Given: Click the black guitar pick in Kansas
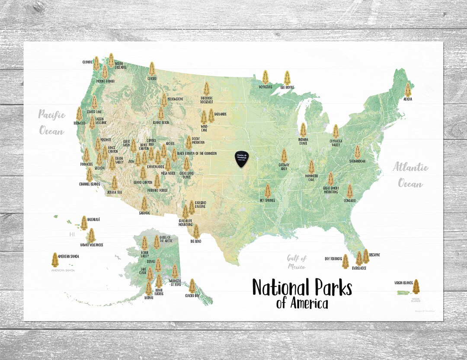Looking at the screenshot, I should click(x=242, y=159).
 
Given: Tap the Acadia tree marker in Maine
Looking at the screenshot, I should click(x=408, y=89).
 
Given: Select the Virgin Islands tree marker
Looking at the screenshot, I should click(x=416, y=286).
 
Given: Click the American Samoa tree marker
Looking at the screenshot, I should click(x=55, y=259).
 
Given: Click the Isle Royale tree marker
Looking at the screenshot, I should click(x=287, y=78).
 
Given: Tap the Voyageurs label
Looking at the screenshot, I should click(x=265, y=86).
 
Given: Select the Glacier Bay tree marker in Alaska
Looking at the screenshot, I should click(x=192, y=286).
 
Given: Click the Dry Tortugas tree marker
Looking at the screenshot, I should click(x=345, y=261).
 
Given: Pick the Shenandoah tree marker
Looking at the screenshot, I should click(x=358, y=152).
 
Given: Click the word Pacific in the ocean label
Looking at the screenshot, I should click(x=52, y=115).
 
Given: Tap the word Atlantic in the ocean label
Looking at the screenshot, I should click(x=410, y=168).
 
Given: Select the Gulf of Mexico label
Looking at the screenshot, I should click(x=297, y=262).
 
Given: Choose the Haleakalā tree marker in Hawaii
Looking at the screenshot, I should click(x=84, y=223).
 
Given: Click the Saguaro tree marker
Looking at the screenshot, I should click(x=144, y=203).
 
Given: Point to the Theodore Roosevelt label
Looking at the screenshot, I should click(x=207, y=99).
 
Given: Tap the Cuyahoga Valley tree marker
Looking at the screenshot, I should click(x=336, y=131).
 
